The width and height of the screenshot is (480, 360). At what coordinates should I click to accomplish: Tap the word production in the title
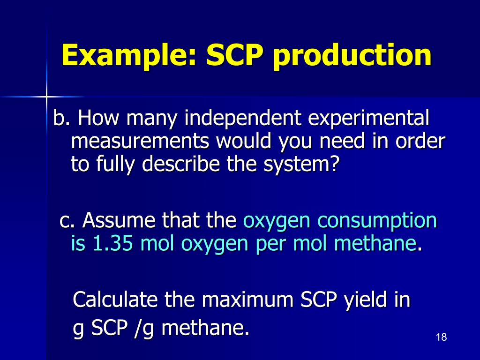[x=352, y=55]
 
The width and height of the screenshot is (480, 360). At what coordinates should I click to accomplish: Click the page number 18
[x=441, y=337]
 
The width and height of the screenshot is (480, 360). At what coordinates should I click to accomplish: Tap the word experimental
[x=368, y=119]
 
